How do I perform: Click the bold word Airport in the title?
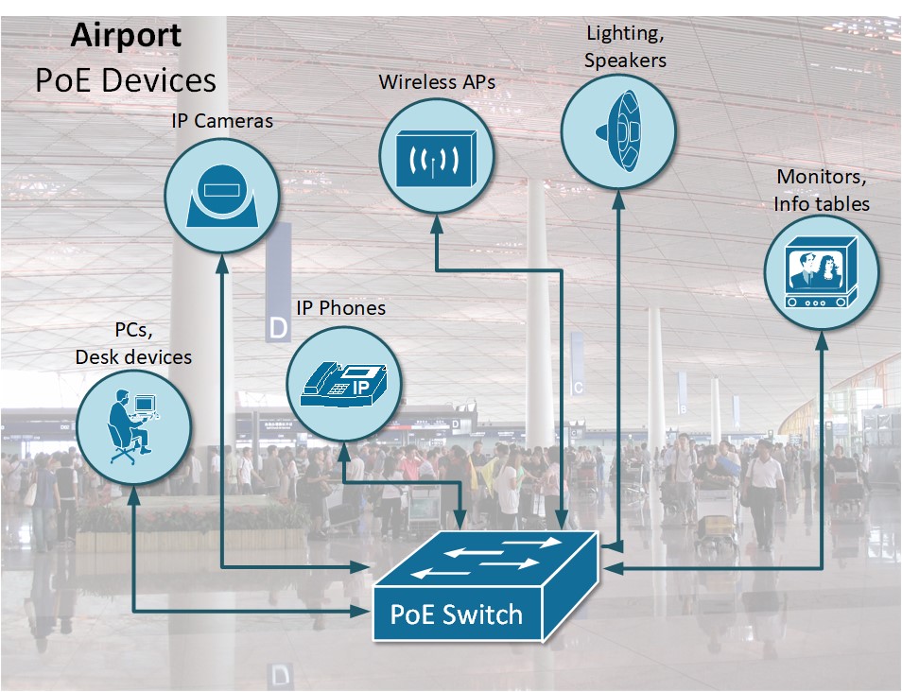point(125,36)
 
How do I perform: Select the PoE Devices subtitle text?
point(125,79)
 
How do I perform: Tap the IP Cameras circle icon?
point(221,193)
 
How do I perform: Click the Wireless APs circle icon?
point(436,154)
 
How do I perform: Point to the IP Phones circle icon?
point(344,384)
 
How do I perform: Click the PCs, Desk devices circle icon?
point(133,428)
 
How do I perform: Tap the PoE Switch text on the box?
point(456,614)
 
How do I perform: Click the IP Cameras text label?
point(221,121)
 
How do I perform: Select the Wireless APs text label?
point(437,82)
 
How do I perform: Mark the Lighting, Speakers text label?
point(625,47)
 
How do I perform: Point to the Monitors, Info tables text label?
point(821,190)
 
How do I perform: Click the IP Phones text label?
point(340,308)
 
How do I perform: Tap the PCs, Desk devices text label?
point(133,344)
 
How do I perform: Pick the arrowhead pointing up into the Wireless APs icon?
point(436,223)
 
